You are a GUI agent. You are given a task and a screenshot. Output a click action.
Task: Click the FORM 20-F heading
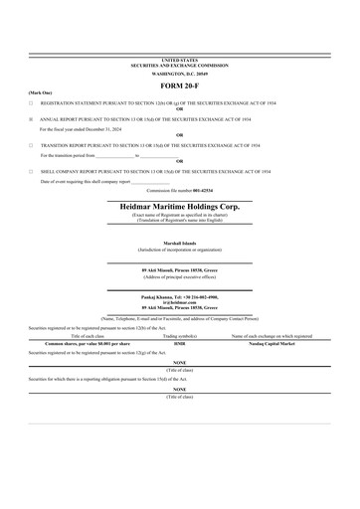click(x=179, y=83)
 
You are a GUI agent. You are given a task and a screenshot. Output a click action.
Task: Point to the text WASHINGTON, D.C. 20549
click(x=179, y=74)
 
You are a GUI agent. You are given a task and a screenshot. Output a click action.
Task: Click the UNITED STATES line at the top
click(x=179, y=61)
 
